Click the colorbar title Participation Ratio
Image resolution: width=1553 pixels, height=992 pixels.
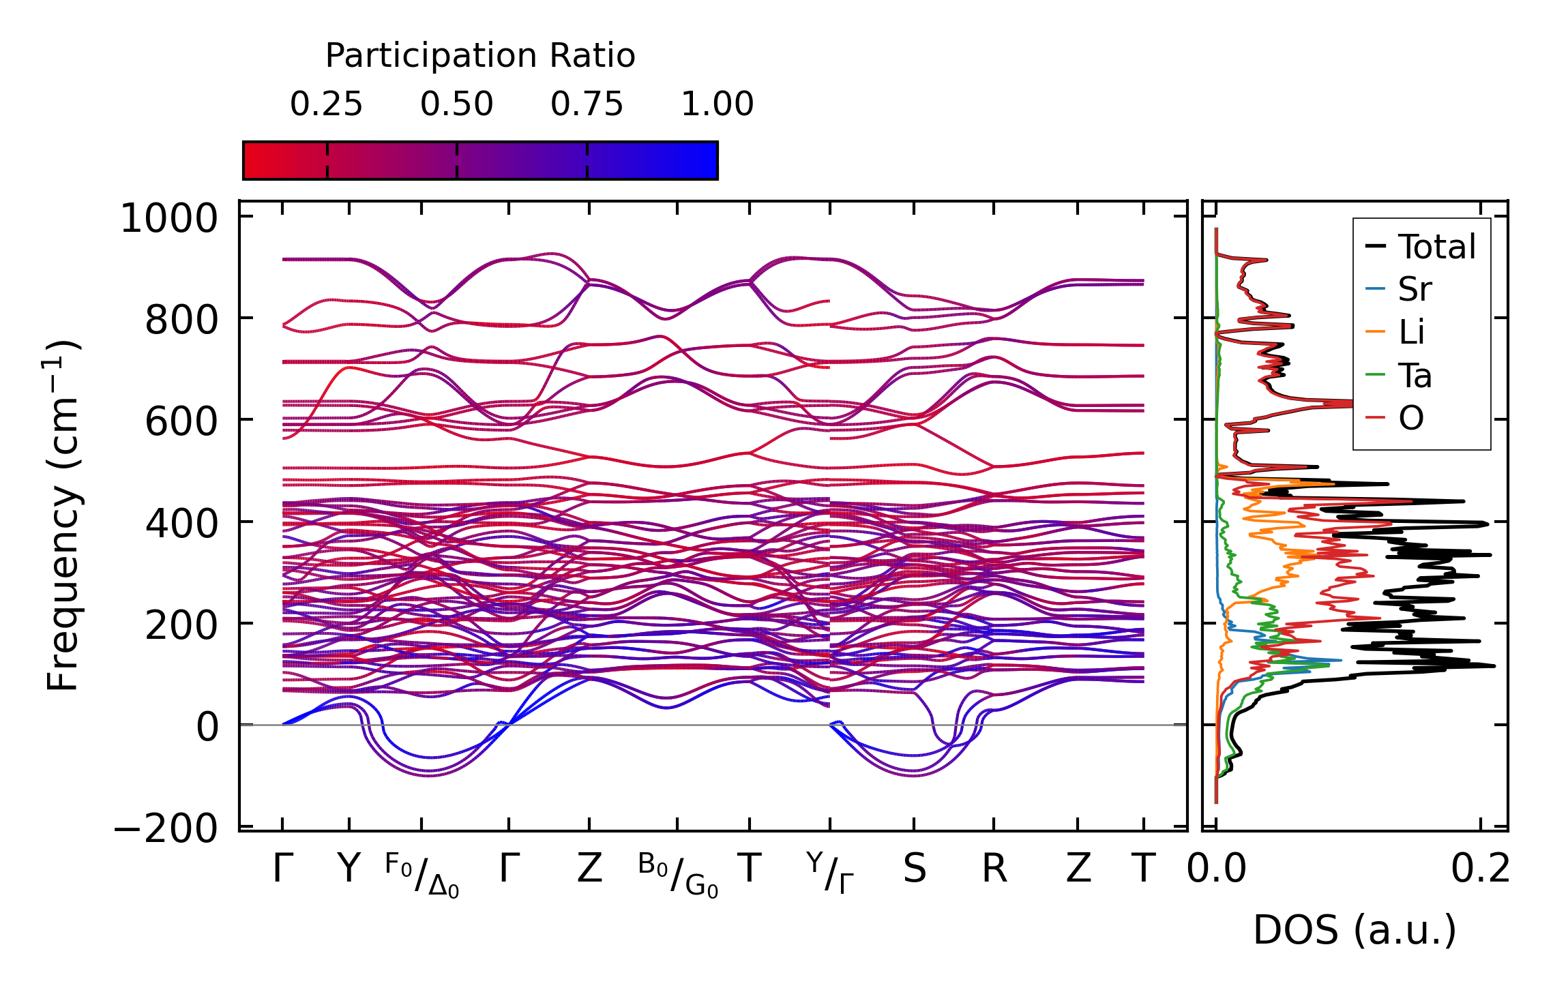click(480, 56)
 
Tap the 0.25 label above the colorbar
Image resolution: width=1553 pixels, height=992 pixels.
click(326, 104)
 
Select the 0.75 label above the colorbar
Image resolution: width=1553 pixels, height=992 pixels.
click(587, 104)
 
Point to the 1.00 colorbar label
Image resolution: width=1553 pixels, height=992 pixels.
click(717, 104)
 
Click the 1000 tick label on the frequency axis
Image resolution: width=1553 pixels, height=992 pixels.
click(168, 220)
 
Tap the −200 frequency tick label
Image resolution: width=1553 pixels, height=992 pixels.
click(166, 829)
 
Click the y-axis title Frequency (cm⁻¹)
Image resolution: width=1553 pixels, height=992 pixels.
click(63, 515)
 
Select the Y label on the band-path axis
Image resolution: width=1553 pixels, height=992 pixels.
click(349, 869)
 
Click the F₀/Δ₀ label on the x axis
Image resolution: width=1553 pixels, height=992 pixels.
click(422, 875)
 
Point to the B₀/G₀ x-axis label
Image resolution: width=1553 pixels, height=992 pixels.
click(678, 875)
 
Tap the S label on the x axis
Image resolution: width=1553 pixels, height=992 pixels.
click(914, 869)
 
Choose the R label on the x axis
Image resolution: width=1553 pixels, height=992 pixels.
click(994, 869)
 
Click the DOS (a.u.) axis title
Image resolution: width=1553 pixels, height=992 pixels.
click(1355, 930)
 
